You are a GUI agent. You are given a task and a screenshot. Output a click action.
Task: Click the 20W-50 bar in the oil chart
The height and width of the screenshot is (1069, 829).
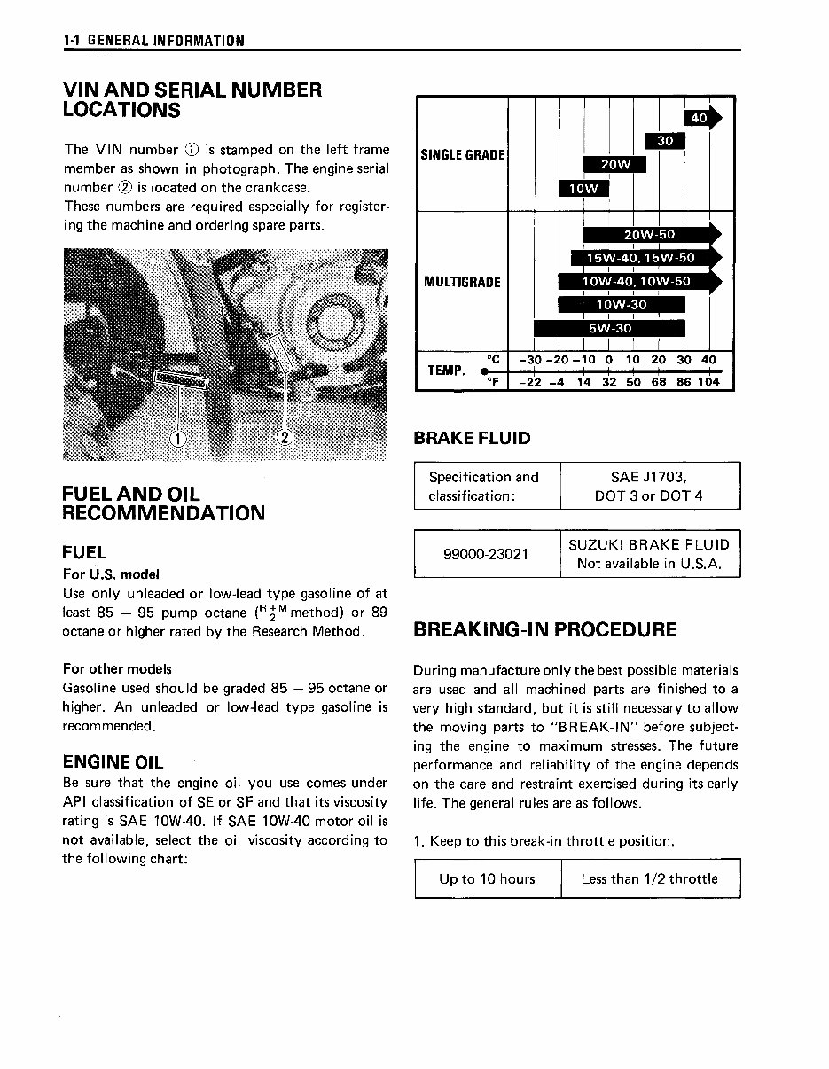(650, 235)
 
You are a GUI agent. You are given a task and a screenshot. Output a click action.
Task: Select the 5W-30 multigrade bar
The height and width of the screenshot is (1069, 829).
(610, 328)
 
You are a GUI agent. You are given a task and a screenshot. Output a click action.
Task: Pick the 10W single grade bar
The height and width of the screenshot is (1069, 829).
(583, 188)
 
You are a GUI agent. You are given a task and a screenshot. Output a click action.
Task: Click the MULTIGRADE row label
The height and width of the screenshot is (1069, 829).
(462, 282)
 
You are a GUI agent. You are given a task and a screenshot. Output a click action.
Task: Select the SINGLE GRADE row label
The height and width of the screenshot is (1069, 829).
(462, 155)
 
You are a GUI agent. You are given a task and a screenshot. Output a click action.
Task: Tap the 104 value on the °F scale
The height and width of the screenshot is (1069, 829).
(708, 382)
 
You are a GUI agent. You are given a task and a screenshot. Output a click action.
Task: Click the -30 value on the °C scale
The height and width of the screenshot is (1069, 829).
(531, 360)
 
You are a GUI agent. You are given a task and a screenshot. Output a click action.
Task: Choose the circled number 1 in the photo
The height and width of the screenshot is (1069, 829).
(177, 437)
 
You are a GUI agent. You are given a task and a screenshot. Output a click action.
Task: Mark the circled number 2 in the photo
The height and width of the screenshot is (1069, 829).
(285, 437)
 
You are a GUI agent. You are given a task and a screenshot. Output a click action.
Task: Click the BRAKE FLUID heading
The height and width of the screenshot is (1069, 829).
(473, 438)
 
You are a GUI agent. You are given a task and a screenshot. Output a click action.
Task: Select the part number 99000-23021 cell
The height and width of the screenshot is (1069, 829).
(486, 554)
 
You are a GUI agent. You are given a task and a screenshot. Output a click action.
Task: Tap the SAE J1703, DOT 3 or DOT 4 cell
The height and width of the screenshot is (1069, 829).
(649, 486)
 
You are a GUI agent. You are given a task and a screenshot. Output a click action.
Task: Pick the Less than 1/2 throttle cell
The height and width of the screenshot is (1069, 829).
(649, 878)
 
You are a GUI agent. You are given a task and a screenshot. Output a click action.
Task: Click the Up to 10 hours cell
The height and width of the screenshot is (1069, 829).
(487, 878)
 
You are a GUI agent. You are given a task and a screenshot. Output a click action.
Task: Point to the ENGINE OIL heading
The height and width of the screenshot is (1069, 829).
(113, 761)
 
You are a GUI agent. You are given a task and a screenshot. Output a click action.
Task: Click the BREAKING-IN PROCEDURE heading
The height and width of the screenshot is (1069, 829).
(545, 629)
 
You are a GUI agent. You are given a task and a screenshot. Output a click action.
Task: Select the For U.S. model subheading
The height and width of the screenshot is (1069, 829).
(111, 574)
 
